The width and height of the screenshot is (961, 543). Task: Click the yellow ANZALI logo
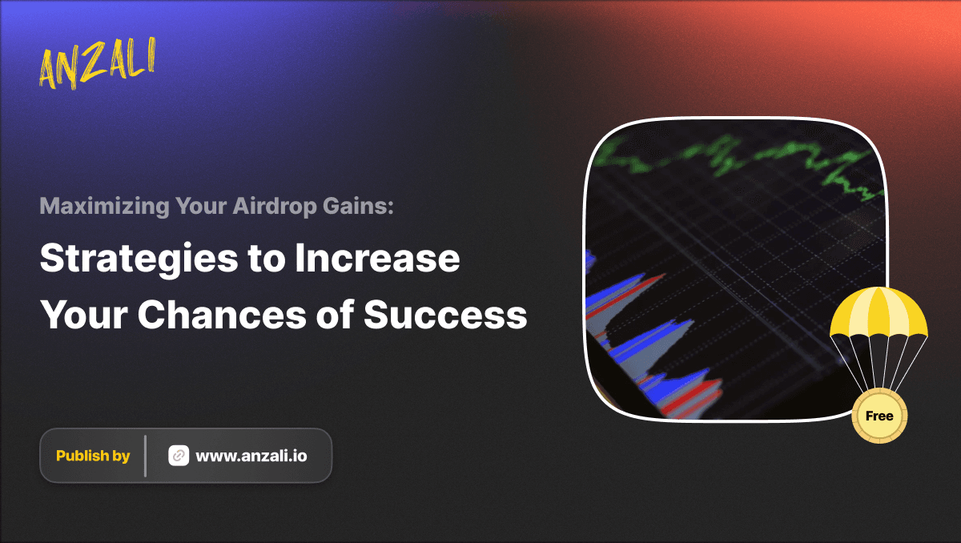tap(97, 63)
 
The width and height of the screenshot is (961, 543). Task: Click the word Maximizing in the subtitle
tap(105, 207)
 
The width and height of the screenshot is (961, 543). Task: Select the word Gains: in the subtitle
tap(358, 206)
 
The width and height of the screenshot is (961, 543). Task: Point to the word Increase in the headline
tap(377, 258)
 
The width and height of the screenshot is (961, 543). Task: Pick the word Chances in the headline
tap(222, 315)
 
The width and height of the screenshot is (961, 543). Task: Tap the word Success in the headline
tap(445, 315)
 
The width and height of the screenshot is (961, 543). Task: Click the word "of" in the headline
tap(335, 314)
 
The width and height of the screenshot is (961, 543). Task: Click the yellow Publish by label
tap(93, 456)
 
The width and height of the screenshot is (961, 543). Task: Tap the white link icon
tap(179, 456)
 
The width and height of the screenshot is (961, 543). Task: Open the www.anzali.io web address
tap(251, 456)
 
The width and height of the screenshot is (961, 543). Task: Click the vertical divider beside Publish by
tap(146, 456)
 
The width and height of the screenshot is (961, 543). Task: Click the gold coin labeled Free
tap(879, 416)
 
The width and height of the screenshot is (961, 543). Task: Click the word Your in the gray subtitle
tap(201, 206)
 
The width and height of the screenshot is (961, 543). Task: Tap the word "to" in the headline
tap(267, 259)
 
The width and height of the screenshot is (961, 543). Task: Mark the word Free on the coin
tap(879, 416)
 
